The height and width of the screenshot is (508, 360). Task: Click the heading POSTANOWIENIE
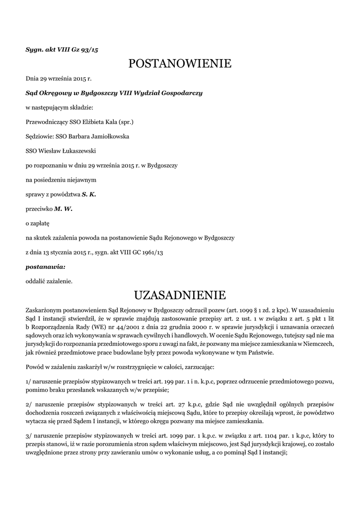[180, 63]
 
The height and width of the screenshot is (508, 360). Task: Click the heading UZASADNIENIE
[180, 296]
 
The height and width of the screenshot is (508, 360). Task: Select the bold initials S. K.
[89, 194]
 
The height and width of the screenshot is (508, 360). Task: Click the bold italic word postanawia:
[45, 267]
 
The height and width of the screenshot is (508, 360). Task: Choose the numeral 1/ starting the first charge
[28, 381]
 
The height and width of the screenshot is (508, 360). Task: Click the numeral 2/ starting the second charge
[29, 405]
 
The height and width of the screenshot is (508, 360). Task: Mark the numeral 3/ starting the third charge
[29, 436]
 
